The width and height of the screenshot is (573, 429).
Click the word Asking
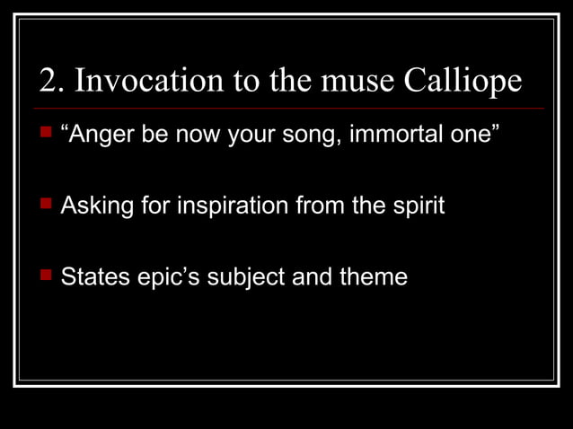pos(93,206)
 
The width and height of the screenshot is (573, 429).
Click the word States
pos(93,276)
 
